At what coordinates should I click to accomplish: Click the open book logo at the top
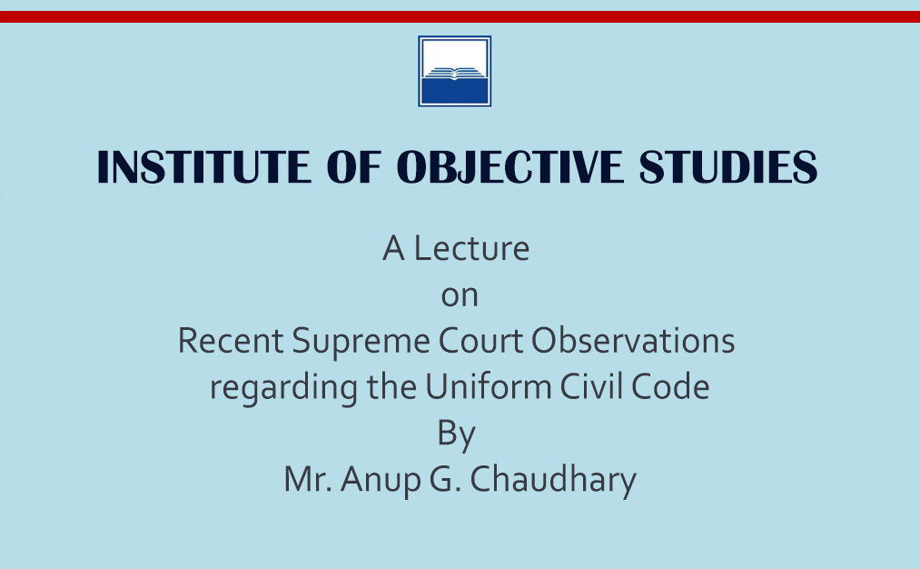point(455,71)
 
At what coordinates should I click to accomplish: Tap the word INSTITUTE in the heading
point(204,166)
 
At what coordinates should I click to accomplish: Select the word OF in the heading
point(354,166)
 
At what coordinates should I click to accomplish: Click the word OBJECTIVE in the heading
point(509,166)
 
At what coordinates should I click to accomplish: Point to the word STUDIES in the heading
point(727,166)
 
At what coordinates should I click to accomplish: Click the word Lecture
point(471,248)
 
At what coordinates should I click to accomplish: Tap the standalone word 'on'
point(460,296)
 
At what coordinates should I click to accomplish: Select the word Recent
point(231,341)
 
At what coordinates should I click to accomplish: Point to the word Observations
point(633,341)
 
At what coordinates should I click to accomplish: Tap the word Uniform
point(489,387)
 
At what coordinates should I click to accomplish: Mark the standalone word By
point(457,435)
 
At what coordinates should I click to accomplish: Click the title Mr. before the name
point(308,479)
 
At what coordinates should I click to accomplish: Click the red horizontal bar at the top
point(460,16)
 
